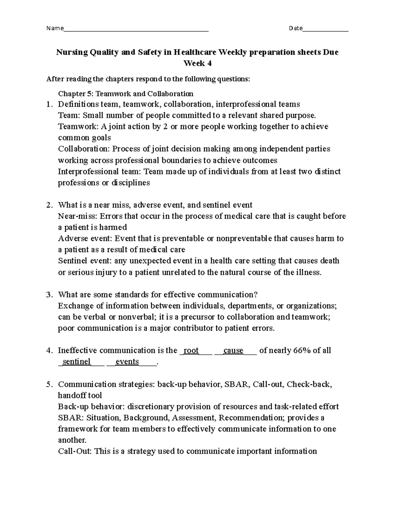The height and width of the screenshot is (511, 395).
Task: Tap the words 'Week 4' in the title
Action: pos(197,64)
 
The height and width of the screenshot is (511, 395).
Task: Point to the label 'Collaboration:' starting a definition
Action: pos(84,149)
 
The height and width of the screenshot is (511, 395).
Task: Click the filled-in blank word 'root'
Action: pos(191,350)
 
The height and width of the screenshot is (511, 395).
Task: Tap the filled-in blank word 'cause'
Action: pos(233,350)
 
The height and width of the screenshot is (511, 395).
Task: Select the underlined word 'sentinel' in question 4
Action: pos(76,362)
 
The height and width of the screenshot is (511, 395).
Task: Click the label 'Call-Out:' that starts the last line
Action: pos(75,451)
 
